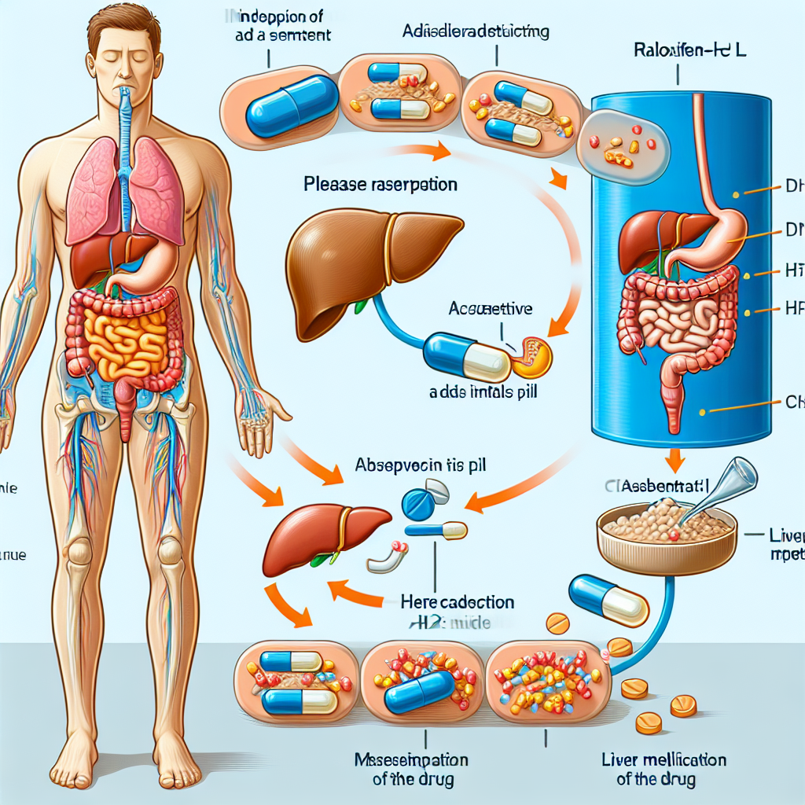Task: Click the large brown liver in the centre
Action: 369,263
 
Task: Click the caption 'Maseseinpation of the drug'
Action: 412,770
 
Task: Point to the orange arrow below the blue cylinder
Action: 675,459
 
